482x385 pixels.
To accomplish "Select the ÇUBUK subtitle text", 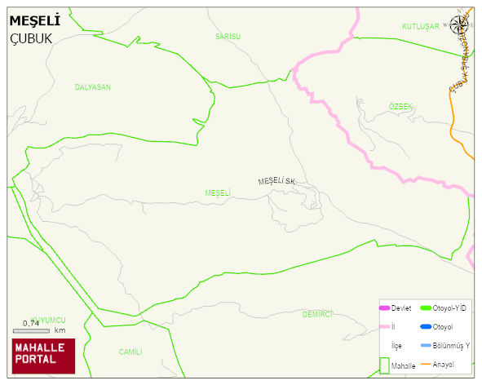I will point(30,38).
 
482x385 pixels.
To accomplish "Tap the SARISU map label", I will point(228,37).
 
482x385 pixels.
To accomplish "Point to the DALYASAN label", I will point(92,86).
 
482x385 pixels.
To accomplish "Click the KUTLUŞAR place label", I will point(420,27).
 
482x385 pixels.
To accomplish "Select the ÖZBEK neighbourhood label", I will point(400,107).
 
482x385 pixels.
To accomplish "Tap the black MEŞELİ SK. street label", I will point(276,180).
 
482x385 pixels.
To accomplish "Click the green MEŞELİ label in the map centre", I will point(218,192).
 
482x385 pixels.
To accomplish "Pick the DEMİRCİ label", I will point(317,314).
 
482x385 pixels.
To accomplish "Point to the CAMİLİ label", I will point(130,352).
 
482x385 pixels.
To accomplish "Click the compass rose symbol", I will point(460,24).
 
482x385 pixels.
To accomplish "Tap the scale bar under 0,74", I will point(31,331).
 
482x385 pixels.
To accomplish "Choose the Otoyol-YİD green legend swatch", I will point(424,308).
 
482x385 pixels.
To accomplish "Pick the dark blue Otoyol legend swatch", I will point(424,327).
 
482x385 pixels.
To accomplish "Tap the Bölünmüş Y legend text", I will point(451,346).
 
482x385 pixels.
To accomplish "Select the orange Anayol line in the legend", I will point(424,364).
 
